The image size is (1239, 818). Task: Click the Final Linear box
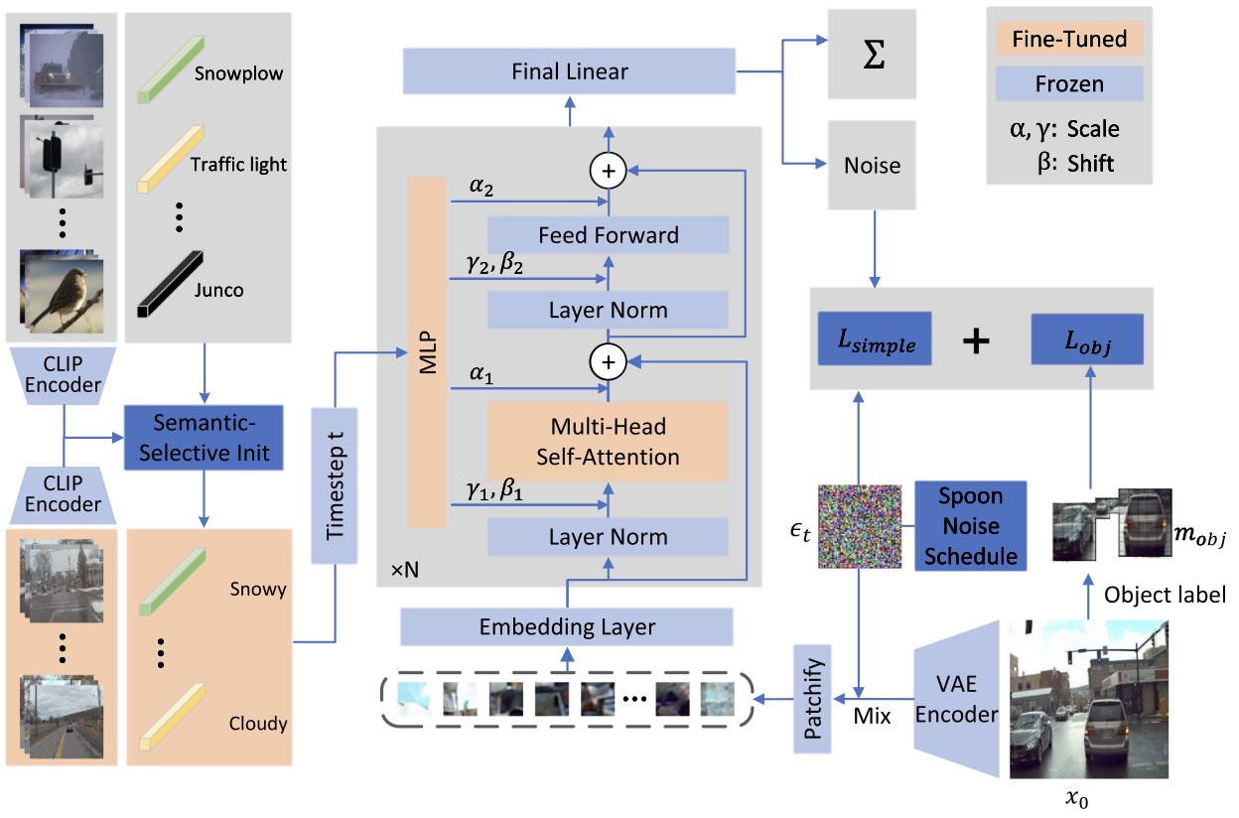(569, 71)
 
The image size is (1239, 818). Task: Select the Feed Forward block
(608, 235)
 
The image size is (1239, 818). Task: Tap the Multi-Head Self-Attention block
(608, 442)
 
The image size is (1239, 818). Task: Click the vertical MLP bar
(427, 352)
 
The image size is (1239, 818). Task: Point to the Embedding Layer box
(567, 626)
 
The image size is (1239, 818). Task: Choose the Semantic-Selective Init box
(204, 438)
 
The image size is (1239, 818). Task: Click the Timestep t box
(335, 485)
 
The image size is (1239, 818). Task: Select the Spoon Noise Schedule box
(971, 525)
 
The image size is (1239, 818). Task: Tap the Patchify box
(812, 699)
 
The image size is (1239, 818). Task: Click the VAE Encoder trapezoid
(957, 699)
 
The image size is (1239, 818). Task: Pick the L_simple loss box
(875, 339)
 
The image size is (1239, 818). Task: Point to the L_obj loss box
(1087, 340)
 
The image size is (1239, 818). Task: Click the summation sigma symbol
(874, 55)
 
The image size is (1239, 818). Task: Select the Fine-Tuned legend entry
(1069, 39)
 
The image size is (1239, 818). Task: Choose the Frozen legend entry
(1069, 83)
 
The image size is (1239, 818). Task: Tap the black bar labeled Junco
(171, 284)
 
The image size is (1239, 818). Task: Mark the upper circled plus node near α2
(609, 171)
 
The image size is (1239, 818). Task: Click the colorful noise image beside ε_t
(860, 526)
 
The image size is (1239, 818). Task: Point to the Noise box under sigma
(872, 165)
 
